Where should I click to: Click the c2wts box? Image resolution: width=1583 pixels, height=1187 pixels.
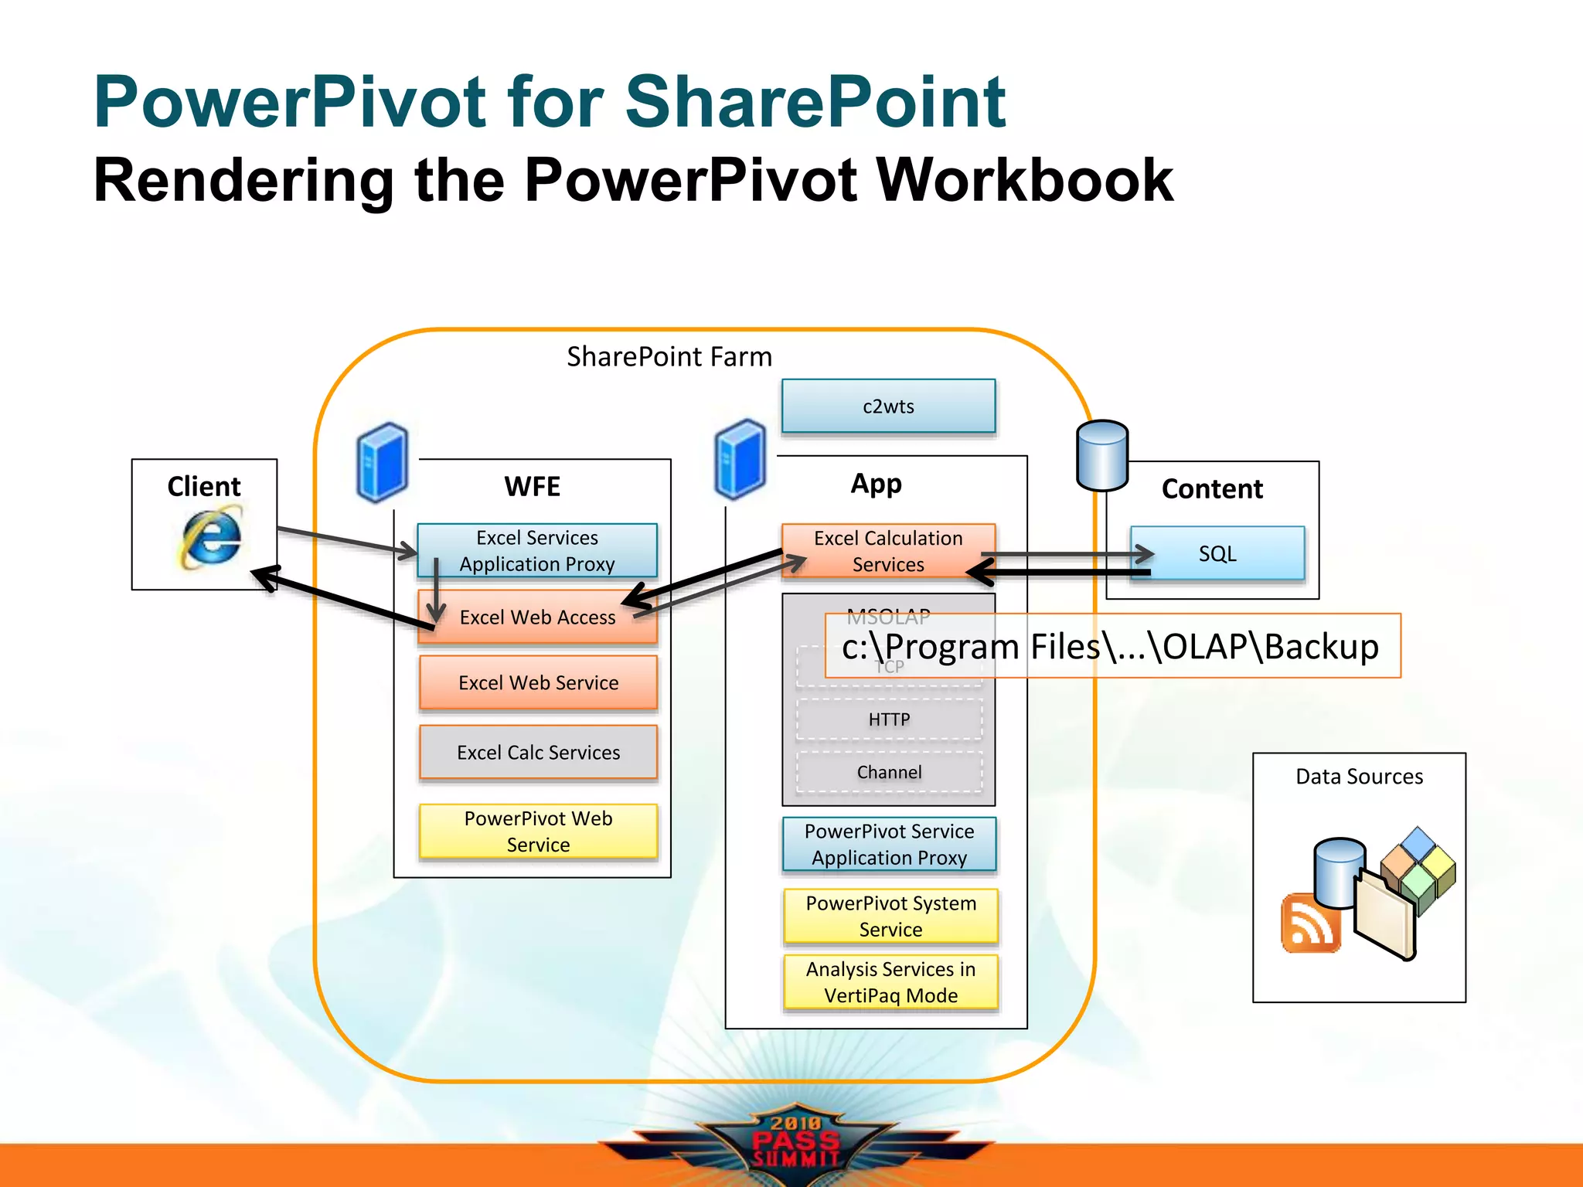tap(888, 406)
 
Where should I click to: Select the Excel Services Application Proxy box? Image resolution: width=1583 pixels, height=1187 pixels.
tap(537, 550)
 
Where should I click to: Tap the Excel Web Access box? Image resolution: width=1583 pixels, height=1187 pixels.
tap(537, 617)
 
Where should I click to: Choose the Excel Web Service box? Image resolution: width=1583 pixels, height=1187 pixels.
tap(538, 682)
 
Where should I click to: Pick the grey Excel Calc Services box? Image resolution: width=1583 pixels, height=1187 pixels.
tap(538, 752)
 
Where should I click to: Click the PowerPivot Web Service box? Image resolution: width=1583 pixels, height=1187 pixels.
tap(538, 832)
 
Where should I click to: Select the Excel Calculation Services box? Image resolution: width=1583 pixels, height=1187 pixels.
tap(888, 551)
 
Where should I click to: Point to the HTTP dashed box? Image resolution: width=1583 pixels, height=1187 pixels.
tap(889, 719)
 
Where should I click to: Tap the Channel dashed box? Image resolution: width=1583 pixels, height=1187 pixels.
tap(889, 772)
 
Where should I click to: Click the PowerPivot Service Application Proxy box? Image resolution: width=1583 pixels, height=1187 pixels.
tap(889, 844)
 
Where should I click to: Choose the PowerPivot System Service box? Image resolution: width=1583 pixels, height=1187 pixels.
tap(890, 916)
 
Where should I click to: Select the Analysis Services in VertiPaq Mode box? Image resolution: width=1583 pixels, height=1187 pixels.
tap(890, 982)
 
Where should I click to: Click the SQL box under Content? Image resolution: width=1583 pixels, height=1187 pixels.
tap(1217, 553)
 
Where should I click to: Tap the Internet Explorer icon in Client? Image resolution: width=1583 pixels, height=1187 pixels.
tap(210, 536)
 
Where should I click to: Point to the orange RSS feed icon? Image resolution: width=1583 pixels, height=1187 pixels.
tap(1309, 923)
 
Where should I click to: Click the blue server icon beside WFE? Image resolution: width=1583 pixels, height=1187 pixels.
tap(382, 462)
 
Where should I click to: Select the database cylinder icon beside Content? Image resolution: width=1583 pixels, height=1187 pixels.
tap(1102, 455)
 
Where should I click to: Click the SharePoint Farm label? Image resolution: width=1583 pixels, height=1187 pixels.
tap(669, 357)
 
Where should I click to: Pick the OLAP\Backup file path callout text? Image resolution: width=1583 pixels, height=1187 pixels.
tap(1111, 646)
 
